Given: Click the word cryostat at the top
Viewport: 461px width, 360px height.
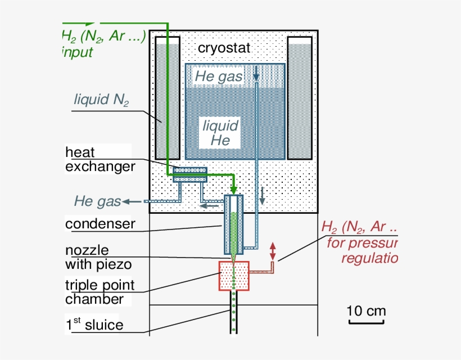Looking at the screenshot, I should coord(224,48).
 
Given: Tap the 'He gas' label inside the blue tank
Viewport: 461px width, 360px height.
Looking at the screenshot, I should coord(219,76).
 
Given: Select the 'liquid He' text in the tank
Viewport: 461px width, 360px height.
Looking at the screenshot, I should coord(220,133).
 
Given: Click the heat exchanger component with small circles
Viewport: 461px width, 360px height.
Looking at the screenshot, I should coord(189,170).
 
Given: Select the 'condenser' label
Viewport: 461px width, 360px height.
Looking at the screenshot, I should coord(100,224).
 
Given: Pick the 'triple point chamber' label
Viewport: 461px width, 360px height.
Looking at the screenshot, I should coord(100,292).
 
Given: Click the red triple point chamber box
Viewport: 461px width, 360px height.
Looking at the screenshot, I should coord(233,276).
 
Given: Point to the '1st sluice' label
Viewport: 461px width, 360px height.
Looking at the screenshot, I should coord(94,325).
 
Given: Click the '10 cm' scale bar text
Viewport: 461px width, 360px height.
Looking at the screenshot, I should coord(365,311).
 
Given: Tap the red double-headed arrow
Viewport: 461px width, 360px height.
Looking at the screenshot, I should coord(273,251).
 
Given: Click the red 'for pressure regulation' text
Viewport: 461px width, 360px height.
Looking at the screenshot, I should coord(363,251).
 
